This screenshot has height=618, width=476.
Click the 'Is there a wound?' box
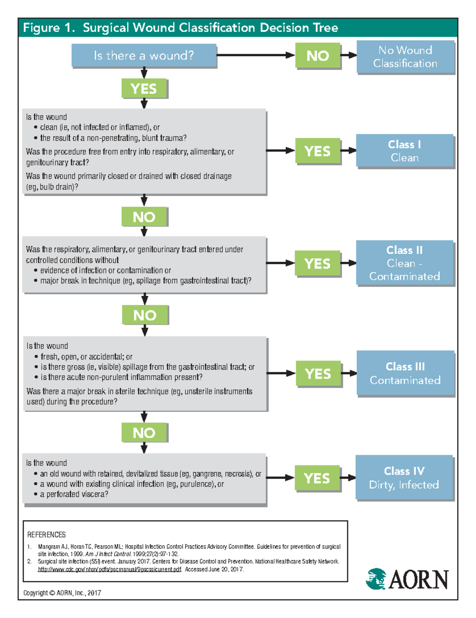tap(144, 56)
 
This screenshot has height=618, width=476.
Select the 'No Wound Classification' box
tap(405, 57)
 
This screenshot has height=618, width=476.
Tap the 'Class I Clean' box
tap(404, 151)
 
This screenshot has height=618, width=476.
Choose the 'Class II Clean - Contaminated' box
tap(404, 263)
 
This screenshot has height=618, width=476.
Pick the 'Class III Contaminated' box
tap(405, 373)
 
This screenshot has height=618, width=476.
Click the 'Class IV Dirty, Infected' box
tap(404, 478)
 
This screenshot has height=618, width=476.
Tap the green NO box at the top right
tap(318, 56)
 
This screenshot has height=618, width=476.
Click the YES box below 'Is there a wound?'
tap(144, 88)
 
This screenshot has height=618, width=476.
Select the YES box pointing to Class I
tap(317, 151)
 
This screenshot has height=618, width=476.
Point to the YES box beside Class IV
tap(317, 478)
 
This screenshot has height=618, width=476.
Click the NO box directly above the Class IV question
tap(144, 432)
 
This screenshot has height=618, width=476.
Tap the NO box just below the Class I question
tap(144, 217)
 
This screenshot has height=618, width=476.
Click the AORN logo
tap(407, 579)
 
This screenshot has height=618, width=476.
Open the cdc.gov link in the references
tap(109, 569)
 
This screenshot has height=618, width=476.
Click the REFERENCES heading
tap(46, 534)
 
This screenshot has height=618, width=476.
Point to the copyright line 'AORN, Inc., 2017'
tap(62, 593)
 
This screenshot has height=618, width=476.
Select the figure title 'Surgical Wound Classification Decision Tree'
tap(210, 28)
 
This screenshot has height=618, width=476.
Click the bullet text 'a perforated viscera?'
tap(74, 494)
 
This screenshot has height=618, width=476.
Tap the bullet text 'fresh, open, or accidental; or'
tap(86, 357)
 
